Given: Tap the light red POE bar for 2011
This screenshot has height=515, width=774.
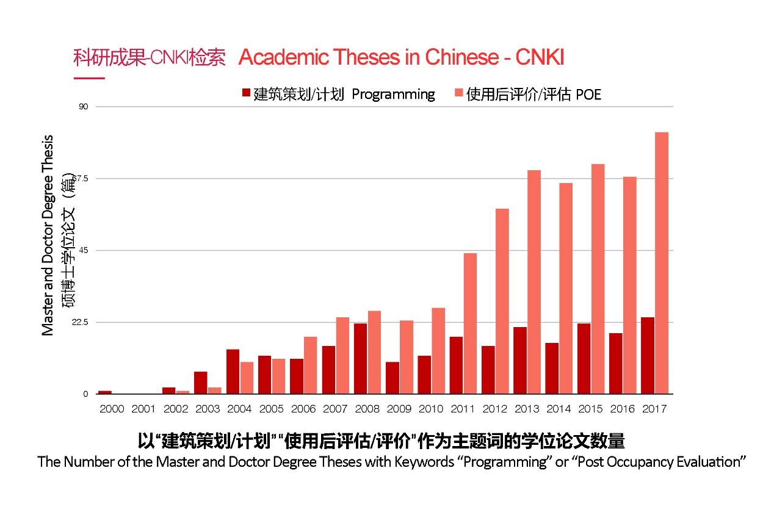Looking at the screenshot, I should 470,323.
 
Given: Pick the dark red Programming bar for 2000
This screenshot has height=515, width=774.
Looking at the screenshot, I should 105,392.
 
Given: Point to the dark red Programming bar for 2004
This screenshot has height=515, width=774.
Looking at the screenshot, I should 233,372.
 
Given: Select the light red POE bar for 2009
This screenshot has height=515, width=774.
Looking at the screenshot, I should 407,357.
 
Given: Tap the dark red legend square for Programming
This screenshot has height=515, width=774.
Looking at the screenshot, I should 246,93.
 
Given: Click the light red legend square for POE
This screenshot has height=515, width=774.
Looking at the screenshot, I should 458,93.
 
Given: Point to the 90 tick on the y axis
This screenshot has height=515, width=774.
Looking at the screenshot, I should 84,107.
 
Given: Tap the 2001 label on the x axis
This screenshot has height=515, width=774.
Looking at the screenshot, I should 143,408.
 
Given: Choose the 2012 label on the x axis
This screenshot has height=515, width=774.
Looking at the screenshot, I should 494,408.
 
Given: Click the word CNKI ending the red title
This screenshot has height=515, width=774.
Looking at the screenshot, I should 540,57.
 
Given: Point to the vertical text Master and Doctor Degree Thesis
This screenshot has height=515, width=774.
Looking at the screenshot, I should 48,235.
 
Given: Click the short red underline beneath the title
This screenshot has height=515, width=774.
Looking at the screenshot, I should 89,78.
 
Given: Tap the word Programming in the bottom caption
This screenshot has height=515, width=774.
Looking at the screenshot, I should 504,461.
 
